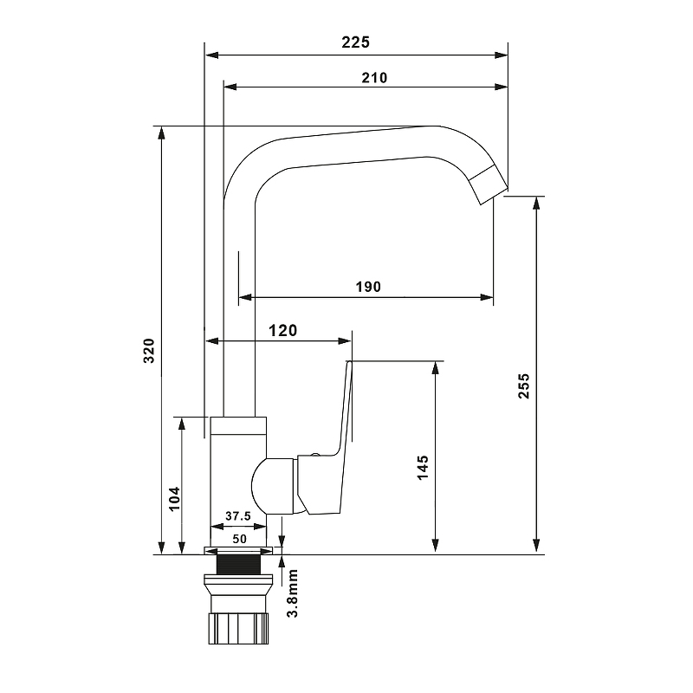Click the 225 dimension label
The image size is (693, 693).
pyautogui.click(x=355, y=42)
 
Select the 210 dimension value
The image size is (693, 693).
pyautogui.click(x=374, y=78)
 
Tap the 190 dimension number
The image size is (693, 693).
pyautogui.click(x=368, y=287)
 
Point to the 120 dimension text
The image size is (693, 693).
pyautogui.click(x=283, y=331)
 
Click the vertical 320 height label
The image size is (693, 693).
pyautogui.click(x=149, y=351)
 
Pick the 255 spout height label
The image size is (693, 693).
pyautogui.click(x=524, y=385)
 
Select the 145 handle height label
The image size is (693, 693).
pyautogui.click(x=423, y=467)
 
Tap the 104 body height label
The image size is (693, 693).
pyautogui.click(x=175, y=499)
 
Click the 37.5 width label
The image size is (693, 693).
pyautogui.click(x=237, y=515)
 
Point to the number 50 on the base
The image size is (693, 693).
pyautogui.click(x=240, y=539)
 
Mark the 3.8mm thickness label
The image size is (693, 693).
pyautogui.click(x=293, y=593)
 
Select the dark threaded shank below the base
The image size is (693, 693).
pyautogui.click(x=239, y=565)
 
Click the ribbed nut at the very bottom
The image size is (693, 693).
pyautogui.click(x=239, y=627)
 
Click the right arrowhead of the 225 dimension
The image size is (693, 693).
pyautogui.click(x=502, y=55)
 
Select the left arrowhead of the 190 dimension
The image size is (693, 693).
pyautogui.click(x=245, y=297)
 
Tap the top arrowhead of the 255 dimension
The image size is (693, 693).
pyautogui.click(x=536, y=203)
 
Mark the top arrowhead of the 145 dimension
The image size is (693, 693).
pyautogui.click(x=436, y=368)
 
